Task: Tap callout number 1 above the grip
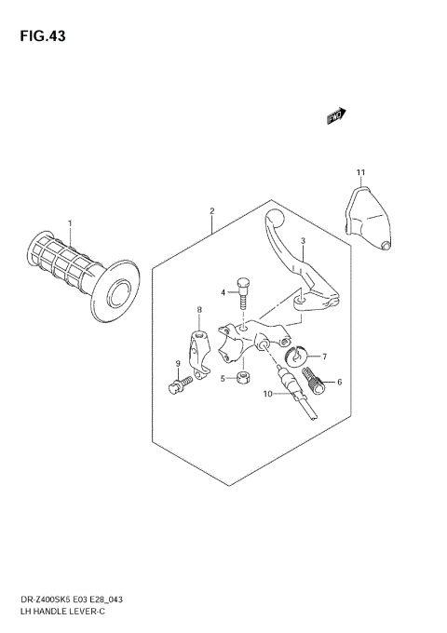tap(69, 223)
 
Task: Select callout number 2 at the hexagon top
tap(211, 211)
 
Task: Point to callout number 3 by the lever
tap(303, 241)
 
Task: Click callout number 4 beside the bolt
tap(223, 292)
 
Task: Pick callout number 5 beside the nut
tap(223, 378)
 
